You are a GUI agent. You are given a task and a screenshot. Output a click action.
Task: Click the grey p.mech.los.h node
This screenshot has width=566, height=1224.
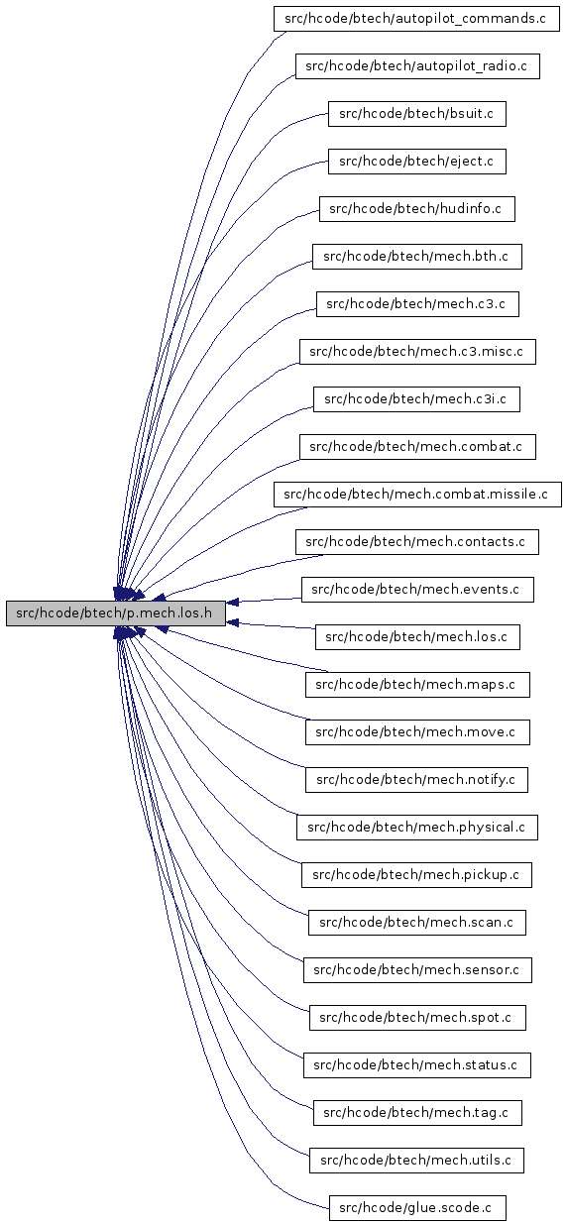pos(116,613)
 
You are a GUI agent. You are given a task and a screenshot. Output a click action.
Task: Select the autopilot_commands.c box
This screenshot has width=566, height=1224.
pos(416,19)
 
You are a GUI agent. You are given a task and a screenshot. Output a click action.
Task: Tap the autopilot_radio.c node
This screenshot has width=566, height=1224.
pos(417,66)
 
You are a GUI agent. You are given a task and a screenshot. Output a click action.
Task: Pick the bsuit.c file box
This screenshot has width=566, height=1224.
pos(417,114)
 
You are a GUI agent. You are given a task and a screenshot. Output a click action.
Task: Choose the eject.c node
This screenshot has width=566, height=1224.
pos(417,162)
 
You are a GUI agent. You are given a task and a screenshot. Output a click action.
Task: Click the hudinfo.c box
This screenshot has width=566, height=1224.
pos(417,209)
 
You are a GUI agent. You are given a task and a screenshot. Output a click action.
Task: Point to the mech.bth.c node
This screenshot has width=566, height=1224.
pos(417,257)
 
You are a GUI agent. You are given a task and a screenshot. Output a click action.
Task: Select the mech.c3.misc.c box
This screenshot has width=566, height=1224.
pos(417,352)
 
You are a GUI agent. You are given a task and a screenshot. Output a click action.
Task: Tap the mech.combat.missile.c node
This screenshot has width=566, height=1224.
pos(417,494)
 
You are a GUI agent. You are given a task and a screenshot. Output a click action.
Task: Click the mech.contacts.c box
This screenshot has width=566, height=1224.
pos(417,541)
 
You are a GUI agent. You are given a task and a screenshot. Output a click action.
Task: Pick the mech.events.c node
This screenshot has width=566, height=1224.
pos(417,589)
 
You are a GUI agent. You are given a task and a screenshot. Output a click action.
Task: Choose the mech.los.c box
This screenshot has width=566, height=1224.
pos(417,636)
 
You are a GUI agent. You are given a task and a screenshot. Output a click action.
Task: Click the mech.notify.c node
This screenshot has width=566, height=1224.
pos(416,779)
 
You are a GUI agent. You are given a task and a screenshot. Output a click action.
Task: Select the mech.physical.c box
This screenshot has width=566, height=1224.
pos(417,827)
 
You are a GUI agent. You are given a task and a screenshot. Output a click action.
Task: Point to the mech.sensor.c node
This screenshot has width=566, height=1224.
pos(417,969)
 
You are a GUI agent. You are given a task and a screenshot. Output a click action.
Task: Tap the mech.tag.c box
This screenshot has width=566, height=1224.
pos(417,1112)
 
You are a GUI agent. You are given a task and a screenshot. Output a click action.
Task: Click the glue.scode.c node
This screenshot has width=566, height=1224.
pos(417,1207)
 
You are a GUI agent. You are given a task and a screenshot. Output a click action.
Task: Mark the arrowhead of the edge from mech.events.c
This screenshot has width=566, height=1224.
pos(232,603)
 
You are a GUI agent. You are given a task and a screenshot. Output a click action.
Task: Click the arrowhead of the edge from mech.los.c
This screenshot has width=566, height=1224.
pos(232,622)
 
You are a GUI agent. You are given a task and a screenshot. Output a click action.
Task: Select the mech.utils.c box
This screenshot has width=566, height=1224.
pos(416,1160)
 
